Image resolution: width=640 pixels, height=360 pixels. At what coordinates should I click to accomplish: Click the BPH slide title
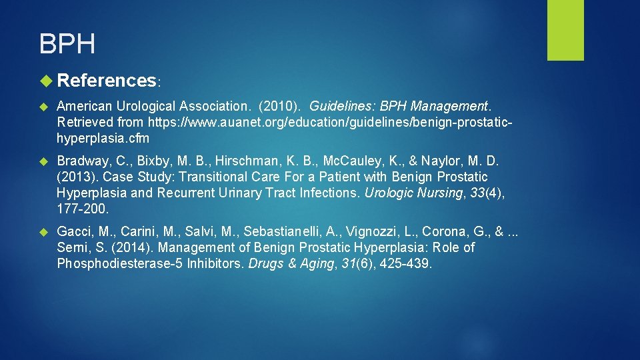pos(67,44)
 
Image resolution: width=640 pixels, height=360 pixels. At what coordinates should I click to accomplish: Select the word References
pos(107,81)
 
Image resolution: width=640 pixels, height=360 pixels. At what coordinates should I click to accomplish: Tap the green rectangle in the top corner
pos(565,30)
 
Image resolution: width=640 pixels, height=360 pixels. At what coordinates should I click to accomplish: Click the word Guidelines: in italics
pos(339,106)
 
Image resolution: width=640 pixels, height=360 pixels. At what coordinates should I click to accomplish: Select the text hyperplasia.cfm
pos(103,139)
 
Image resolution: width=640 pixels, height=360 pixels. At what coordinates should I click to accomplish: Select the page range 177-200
pos(81,209)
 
